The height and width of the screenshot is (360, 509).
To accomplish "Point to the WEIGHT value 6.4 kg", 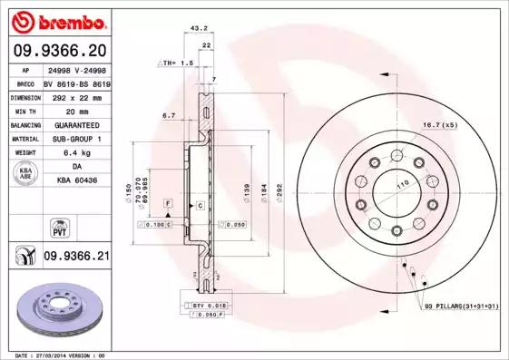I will (x=76, y=152).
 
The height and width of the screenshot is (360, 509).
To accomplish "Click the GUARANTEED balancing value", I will (x=76, y=124).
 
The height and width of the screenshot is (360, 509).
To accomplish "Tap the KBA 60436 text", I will (x=76, y=180).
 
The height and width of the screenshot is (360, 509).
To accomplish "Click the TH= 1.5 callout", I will (x=177, y=63).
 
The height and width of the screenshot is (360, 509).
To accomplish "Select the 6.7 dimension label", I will (x=168, y=115).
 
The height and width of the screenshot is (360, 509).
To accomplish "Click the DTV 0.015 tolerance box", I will (x=210, y=306).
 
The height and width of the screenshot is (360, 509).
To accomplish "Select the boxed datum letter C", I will (x=199, y=207).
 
